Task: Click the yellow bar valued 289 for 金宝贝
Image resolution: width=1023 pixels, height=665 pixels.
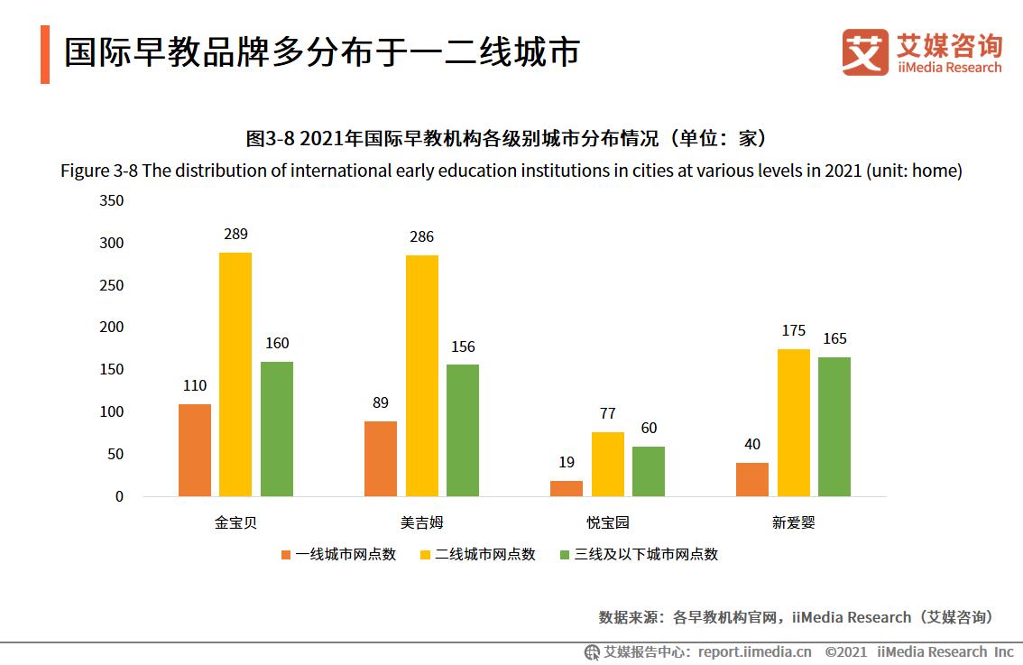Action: (x=235, y=374)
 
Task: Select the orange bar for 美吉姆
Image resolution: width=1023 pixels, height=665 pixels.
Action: (x=381, y=458)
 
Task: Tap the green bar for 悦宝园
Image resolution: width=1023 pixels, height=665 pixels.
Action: (x=649, y=471)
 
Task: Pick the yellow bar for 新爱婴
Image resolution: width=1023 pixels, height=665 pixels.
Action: (x=794, y=422)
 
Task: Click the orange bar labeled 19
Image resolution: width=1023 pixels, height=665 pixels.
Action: (x=567, y=488)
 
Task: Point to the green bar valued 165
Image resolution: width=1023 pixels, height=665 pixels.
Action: (x=834, y=427)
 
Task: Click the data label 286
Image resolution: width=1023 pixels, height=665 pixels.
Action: (x=421, y=237)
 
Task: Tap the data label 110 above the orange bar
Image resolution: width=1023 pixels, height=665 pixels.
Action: (x=195, y=386)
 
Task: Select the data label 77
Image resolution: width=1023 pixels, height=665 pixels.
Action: (x=607, y=414)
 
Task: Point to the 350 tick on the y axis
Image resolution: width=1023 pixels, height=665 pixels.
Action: (x=111, y=200)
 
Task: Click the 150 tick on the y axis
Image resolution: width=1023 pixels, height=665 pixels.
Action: (x=111, y=370)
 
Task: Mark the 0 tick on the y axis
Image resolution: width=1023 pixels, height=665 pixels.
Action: (x=119, y=497)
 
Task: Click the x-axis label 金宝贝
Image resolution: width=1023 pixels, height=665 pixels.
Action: (x=235, y=522)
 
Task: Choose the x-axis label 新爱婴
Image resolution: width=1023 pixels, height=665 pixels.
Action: (x=793, y=522)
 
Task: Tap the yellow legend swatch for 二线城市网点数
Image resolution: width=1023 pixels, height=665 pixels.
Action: (x=425, y=555)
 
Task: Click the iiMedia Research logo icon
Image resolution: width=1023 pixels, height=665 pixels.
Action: (x=865, y=52)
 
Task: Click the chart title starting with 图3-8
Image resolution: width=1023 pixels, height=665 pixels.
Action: (x=511, y=139)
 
